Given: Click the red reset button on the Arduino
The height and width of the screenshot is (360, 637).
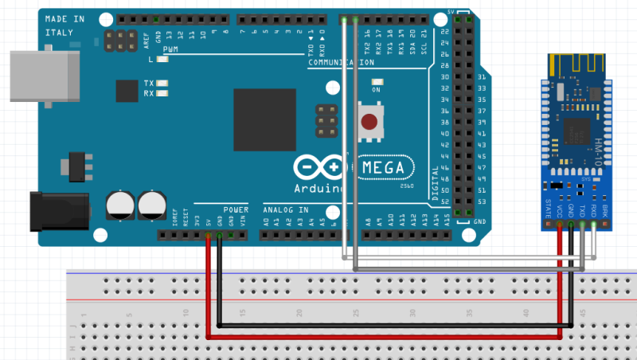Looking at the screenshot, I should pos(369,122).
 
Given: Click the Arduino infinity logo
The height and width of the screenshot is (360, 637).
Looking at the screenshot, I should pos(323,168).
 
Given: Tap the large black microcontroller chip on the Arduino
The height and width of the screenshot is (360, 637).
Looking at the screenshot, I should pos(264,119).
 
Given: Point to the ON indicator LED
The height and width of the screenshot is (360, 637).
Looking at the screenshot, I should pos(377,80).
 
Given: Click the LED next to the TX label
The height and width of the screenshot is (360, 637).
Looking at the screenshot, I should pos(163,83).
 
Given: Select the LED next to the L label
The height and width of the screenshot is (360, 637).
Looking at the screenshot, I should pos(163,60).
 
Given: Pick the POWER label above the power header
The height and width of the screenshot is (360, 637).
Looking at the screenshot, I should pos(236,209).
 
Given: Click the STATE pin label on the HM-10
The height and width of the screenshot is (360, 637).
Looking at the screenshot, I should pos(548,211).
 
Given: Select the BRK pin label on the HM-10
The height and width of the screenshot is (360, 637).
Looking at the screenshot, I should pos(604,211).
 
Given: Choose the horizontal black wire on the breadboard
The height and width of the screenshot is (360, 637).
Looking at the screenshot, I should pos(390,326).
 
